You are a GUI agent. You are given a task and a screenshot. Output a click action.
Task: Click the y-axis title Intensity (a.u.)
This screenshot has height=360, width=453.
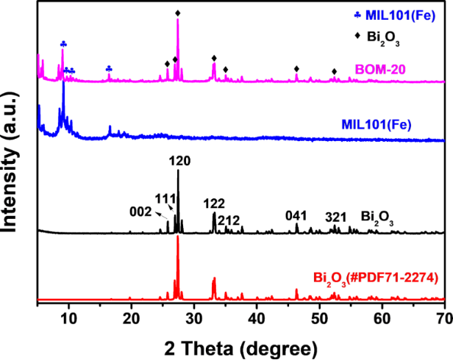tap(15, 154)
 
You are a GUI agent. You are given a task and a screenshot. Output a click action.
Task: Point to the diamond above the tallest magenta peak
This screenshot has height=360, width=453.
tap(178, 13)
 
